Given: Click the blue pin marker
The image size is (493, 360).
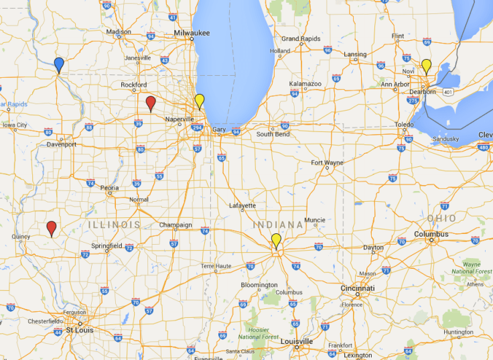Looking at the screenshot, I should point(59,64).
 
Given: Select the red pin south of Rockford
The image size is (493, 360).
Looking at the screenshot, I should point(151,102).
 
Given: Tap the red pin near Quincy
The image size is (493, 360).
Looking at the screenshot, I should point(52,228).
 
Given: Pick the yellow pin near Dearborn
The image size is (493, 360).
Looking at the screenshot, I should point(426,66).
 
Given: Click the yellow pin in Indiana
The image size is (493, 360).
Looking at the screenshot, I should point(276,240).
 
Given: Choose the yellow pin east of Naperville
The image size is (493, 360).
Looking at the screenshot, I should point(199,101).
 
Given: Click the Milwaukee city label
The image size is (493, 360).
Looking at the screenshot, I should point(192,32).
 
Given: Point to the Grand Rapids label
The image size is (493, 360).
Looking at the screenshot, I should point(300,39).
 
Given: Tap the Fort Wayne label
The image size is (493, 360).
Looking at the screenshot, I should point(327,162).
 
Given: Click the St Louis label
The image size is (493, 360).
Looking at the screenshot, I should point(79,330).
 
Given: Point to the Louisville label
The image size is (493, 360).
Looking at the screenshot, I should point(297,341).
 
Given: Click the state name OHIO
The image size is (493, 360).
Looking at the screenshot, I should point(441,219).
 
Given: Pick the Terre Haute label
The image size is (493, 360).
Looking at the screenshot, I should point(216,266).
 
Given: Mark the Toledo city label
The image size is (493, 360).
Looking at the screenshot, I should point(404,125).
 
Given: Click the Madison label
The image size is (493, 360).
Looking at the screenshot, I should point(119,32).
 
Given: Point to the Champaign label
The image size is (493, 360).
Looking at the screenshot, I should point(175,225).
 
